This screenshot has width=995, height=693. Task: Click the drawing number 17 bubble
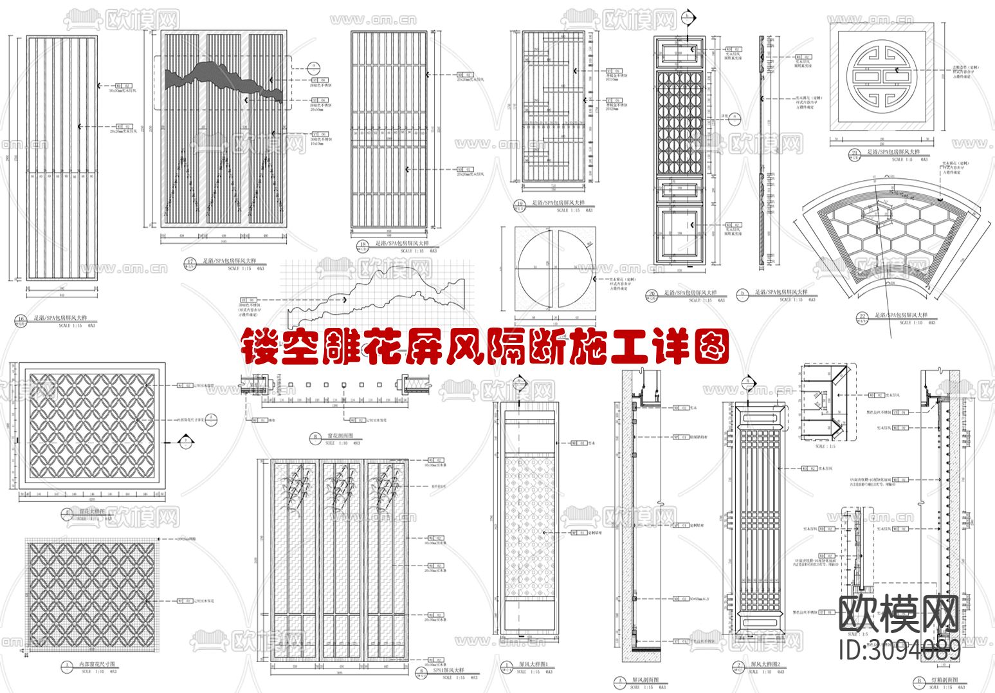click(190, 263)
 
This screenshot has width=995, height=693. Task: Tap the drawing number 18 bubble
click(363, 245)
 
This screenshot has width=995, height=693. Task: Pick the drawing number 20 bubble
click(652, 295)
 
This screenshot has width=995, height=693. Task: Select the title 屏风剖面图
click(646, 680)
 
